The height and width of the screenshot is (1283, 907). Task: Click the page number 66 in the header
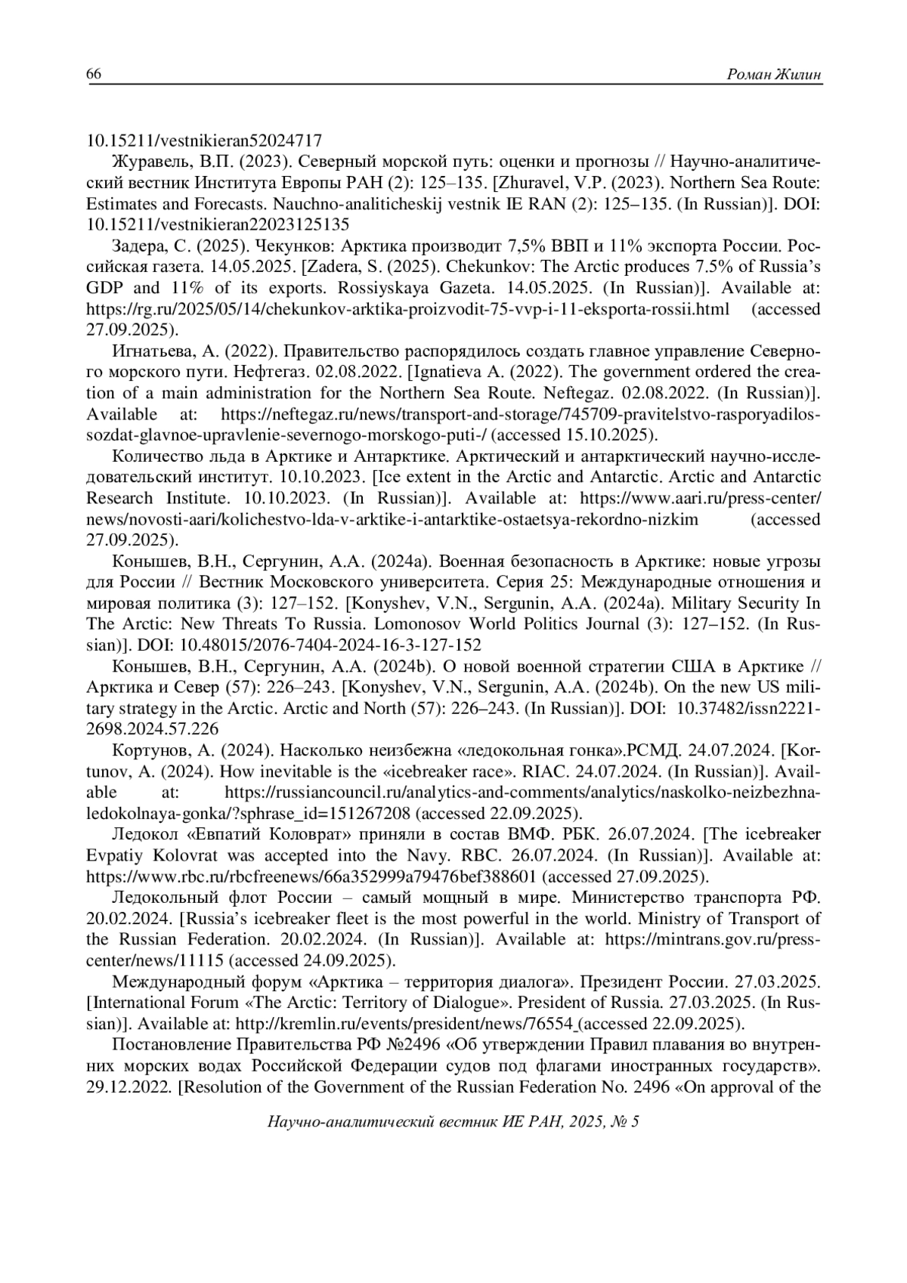(94, 73)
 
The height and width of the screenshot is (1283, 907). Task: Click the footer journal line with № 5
(453, 1121)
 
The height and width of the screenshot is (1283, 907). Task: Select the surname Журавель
(143, 162)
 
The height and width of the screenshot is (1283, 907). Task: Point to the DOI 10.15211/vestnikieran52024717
(205, 141)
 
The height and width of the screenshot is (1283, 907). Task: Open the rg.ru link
(408, 309)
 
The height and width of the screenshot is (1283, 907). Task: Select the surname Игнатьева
(149, 351)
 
